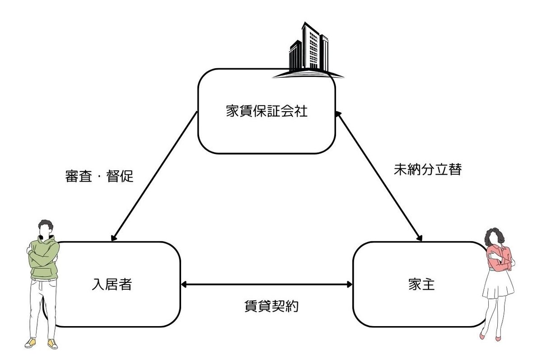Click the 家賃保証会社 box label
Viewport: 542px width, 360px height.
(266, 111)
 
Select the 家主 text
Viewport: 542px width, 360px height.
(420, 285)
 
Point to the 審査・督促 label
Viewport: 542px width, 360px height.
(99, 176)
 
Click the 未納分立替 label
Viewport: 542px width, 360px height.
(427, 170)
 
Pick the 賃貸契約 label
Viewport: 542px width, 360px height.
(268, 306)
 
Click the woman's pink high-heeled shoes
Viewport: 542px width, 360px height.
(490, 336)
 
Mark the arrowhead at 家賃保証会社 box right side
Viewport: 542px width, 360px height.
(338, 115)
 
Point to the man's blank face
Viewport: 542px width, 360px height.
(44, 229)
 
